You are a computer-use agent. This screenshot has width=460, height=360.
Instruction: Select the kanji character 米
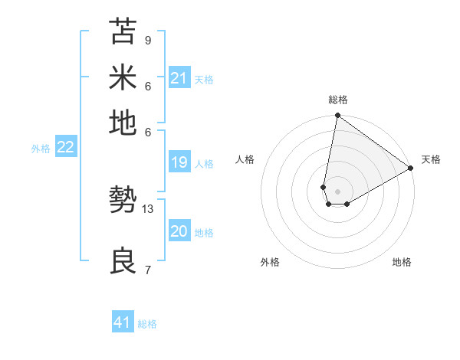pos(123,77)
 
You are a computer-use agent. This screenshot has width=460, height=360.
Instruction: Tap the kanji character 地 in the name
pos(123,123)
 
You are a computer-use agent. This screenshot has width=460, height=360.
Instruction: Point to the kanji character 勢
pos(123,201)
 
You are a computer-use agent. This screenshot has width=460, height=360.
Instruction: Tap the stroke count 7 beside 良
pos(147,270)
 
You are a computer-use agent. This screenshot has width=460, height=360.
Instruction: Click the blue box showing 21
pos(179,77)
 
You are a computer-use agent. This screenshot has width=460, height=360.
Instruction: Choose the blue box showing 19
pos(179,162)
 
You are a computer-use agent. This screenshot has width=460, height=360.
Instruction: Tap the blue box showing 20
pos(179,232)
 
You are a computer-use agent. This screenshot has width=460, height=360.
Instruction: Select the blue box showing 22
pos(65,147)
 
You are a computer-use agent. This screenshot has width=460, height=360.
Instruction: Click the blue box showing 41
pos(123,322)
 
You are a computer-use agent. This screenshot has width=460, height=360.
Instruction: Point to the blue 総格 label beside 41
pos(147,324)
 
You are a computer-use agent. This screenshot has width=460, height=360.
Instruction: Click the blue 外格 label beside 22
pos(41,149)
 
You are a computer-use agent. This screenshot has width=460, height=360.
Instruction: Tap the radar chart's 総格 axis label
pos(338,100)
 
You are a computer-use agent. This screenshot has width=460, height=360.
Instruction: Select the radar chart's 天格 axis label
pos(431,159)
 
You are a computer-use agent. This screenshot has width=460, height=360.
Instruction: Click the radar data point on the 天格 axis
pos(411,169)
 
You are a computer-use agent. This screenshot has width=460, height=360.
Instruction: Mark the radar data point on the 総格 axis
pos(337,116)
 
